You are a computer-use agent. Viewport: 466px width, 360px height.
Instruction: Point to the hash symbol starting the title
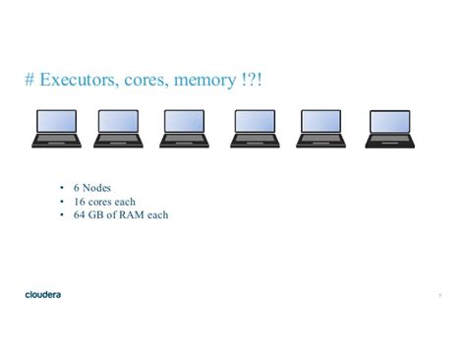pyautogui.click(x=30, y=79)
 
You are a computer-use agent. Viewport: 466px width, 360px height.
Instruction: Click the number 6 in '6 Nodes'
pyautogui.click(x=77, y=186)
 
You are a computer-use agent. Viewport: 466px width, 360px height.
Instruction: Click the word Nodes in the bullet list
pyautogui.click(x=96, y=186)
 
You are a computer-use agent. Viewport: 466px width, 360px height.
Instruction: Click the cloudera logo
pyautogui.click(x=44, y=293)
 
